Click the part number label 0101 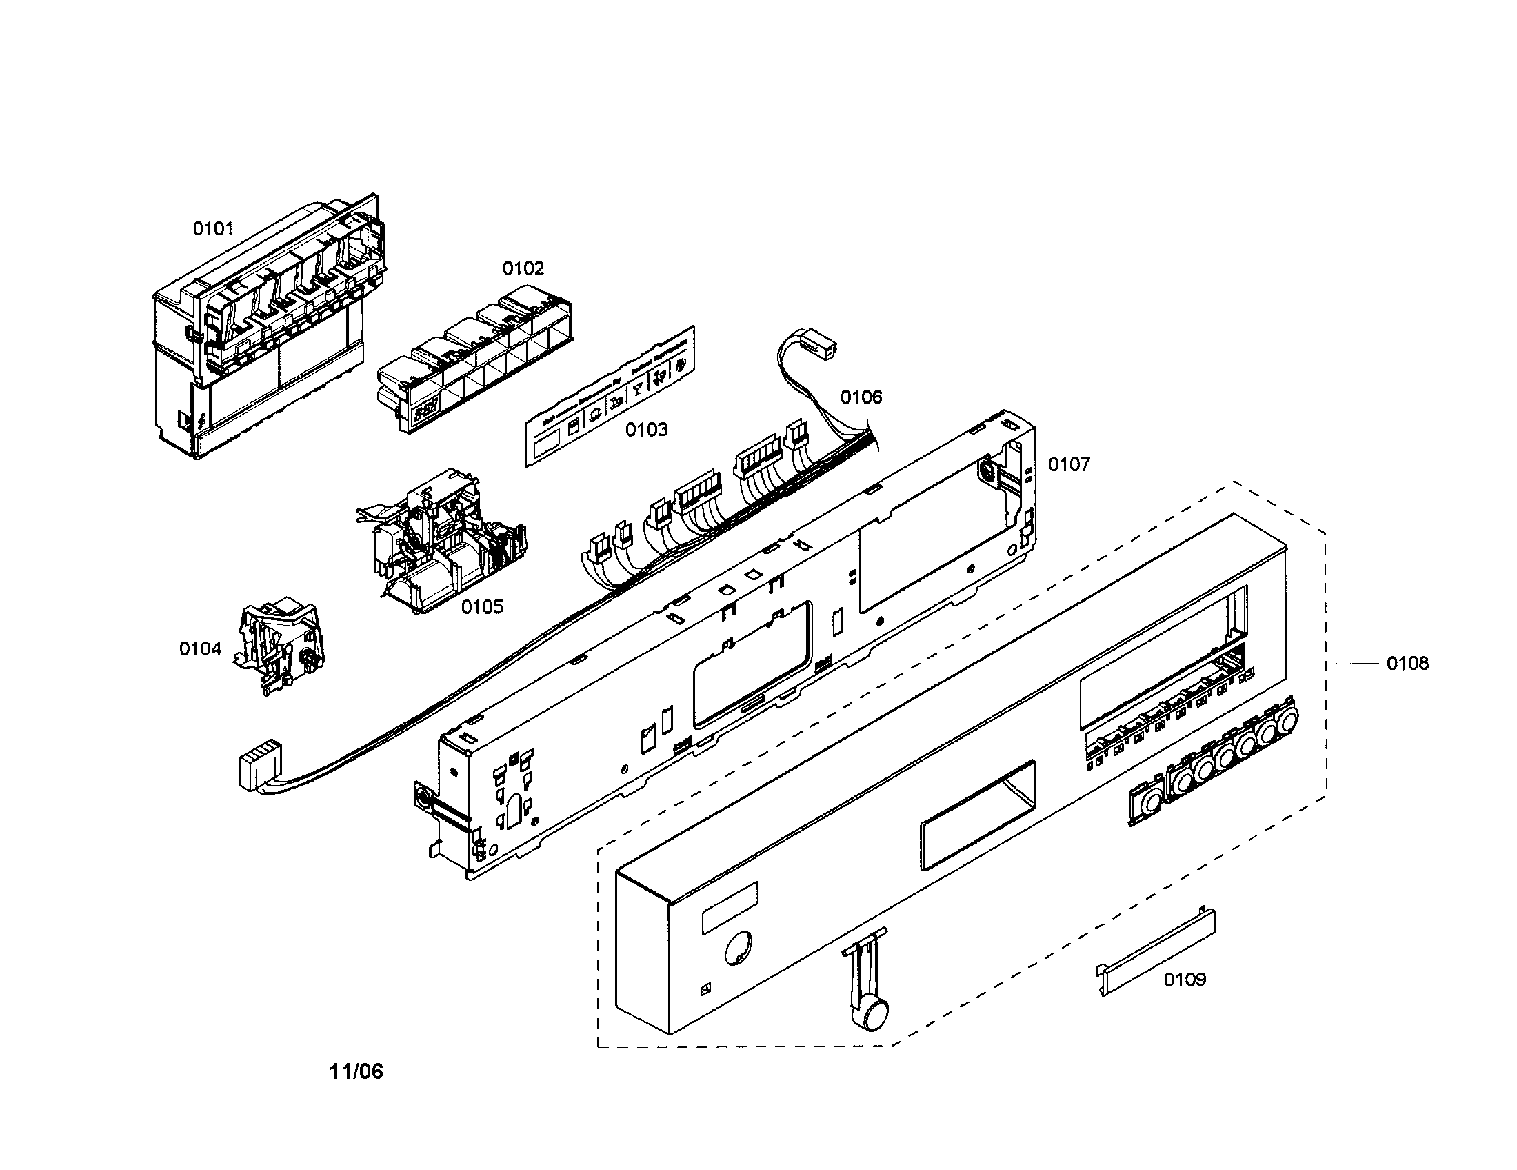tap(212, 228)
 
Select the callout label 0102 tap(523, 268)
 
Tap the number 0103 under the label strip tap(646, 430)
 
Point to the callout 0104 tap(200, 649)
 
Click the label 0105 tap(482, 607)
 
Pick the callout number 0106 tap(861, 397)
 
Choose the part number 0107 tap(1069, 464)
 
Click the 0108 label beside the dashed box tap(1407, 664)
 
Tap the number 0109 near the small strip tap(1185, 980)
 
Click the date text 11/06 tap(356, 1071)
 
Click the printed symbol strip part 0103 tap(608, 397)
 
